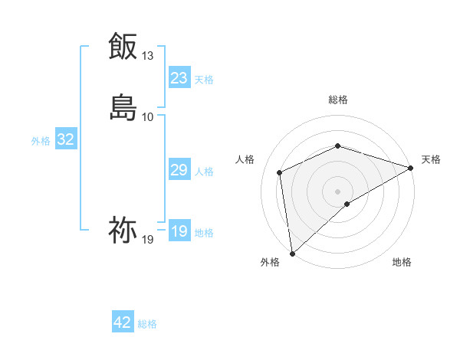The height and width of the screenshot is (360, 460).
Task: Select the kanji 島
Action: click(x=123, y=106)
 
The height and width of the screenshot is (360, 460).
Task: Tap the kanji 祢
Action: click(x=123, y=229)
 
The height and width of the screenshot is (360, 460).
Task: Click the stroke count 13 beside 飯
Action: click(x=148, y=56)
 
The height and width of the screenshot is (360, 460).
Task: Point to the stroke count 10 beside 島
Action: click(x=148, y=116)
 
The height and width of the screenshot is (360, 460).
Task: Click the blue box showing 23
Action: click(x=179, y=78)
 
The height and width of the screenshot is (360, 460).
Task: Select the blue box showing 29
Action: click(x=179, y=170)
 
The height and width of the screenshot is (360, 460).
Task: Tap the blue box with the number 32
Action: click(x=66, y=139)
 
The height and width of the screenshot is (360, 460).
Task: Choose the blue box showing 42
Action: click(x=123, y=322)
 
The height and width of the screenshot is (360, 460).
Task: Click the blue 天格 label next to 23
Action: click(x=204, y=80)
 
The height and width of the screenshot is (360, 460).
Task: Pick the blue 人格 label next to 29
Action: click(x=204, y=172)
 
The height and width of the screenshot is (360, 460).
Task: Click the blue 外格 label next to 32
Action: click(x=41, y=141)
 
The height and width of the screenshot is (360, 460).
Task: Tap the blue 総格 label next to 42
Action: click(x=147, y=324)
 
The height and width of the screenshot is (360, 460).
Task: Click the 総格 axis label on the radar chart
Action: click(x=338, y=100)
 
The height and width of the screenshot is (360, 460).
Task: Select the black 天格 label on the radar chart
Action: click(x=431, y=159)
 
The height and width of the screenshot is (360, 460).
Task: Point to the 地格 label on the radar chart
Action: click(x=402, y=262)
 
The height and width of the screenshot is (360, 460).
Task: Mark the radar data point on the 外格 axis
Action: click(x=292, y=253)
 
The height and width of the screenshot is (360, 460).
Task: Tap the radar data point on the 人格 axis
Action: click(x=280, y=172)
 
